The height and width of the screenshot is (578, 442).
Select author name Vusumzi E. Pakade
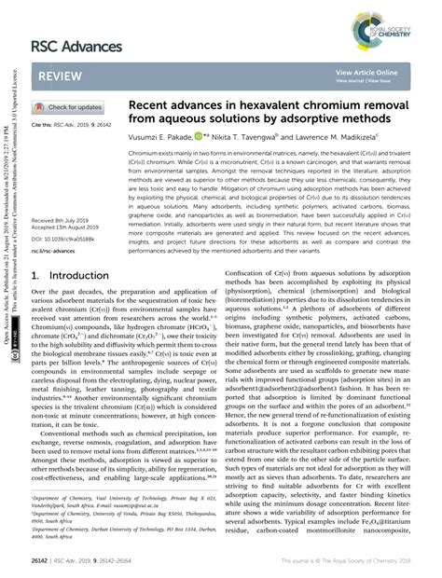click(164, 136)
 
